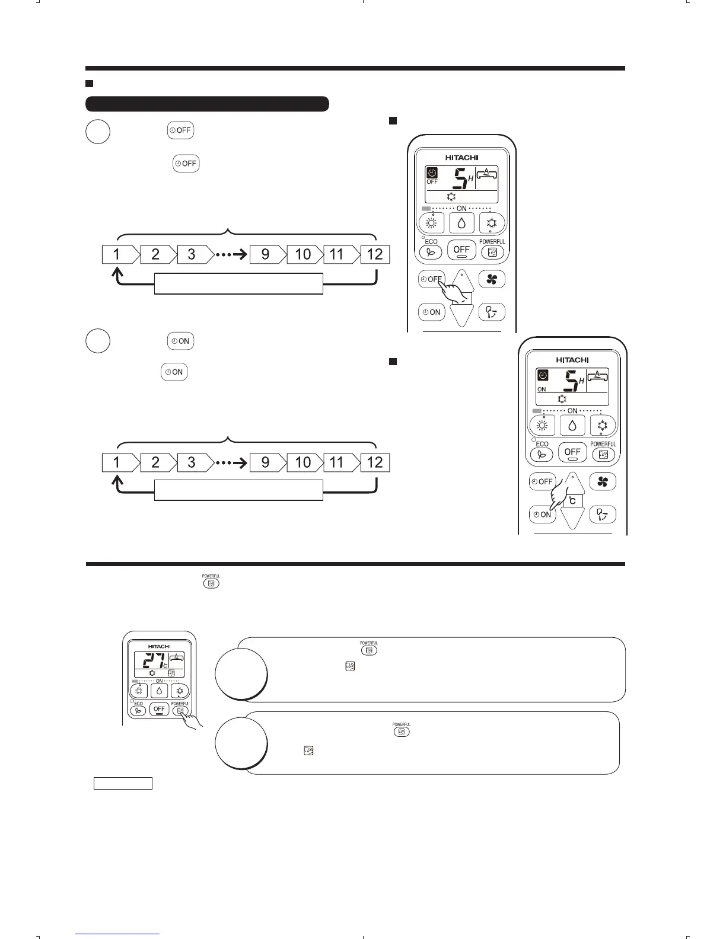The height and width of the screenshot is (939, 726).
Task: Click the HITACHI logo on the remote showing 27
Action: (x=159, y=646)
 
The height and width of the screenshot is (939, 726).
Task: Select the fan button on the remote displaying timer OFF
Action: (x=492, y=280)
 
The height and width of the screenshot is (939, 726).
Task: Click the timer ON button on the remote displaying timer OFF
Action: (x=431, y=312)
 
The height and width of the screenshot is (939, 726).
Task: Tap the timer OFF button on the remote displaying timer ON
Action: (x=542, y=481)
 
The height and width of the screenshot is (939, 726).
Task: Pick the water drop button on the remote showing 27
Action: (x=159, y=691)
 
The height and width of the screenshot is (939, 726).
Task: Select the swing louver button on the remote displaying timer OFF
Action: (x=492, y=312)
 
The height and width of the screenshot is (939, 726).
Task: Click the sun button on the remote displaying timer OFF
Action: (x=431, y=223)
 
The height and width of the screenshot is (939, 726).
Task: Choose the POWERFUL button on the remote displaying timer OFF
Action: (x=492, y=251)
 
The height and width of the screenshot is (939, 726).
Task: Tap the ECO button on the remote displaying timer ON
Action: (x=542, y=454)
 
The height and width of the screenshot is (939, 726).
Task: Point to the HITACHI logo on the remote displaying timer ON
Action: (x=572, y=360)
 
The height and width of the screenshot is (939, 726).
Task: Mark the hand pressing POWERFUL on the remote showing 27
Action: (x=191, y=720)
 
